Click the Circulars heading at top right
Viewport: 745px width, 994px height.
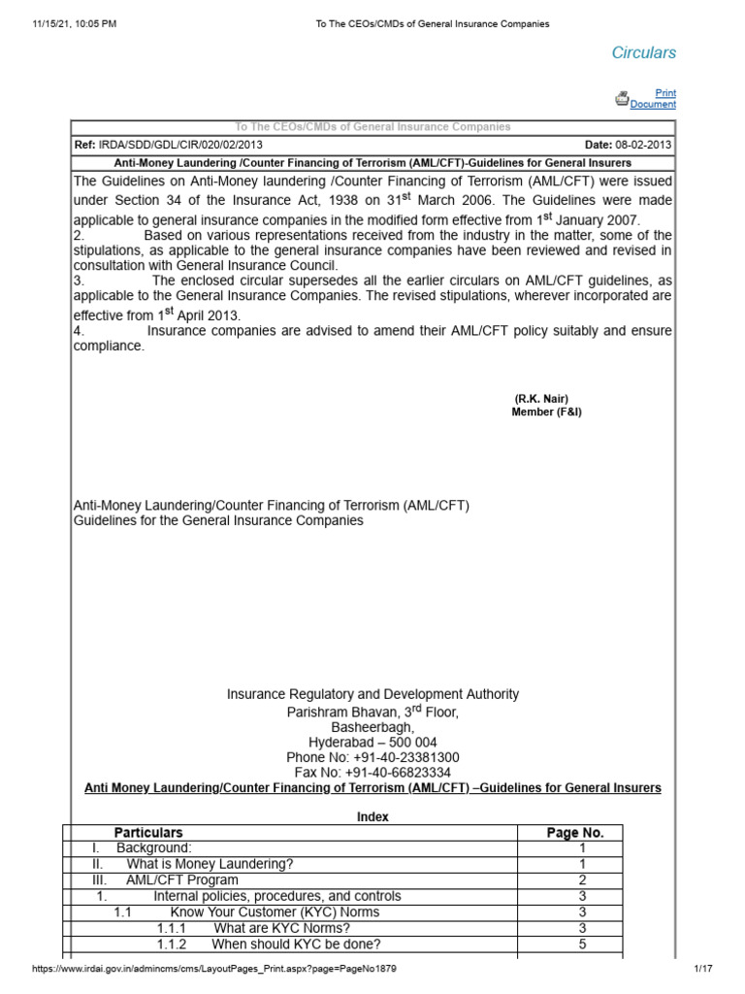tap(643, 52)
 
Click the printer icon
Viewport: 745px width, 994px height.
tap(622, 98)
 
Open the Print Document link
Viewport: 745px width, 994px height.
tap(654, 99)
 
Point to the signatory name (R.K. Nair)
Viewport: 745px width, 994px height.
tap(541, 399)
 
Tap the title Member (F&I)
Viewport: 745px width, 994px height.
tap(546, 413)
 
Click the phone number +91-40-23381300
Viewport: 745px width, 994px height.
tap(372, 757)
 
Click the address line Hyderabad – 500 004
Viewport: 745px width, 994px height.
tap(372, 742)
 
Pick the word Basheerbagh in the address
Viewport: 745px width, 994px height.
tap(372, 726)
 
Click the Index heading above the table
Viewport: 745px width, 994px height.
tap(372, 817)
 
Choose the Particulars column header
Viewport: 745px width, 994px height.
tap(148, 833)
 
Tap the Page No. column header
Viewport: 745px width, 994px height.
tap(575, 833)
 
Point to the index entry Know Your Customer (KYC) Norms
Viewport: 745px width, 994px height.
tap(275, 912)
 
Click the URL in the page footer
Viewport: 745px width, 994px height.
tap(214, 970)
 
